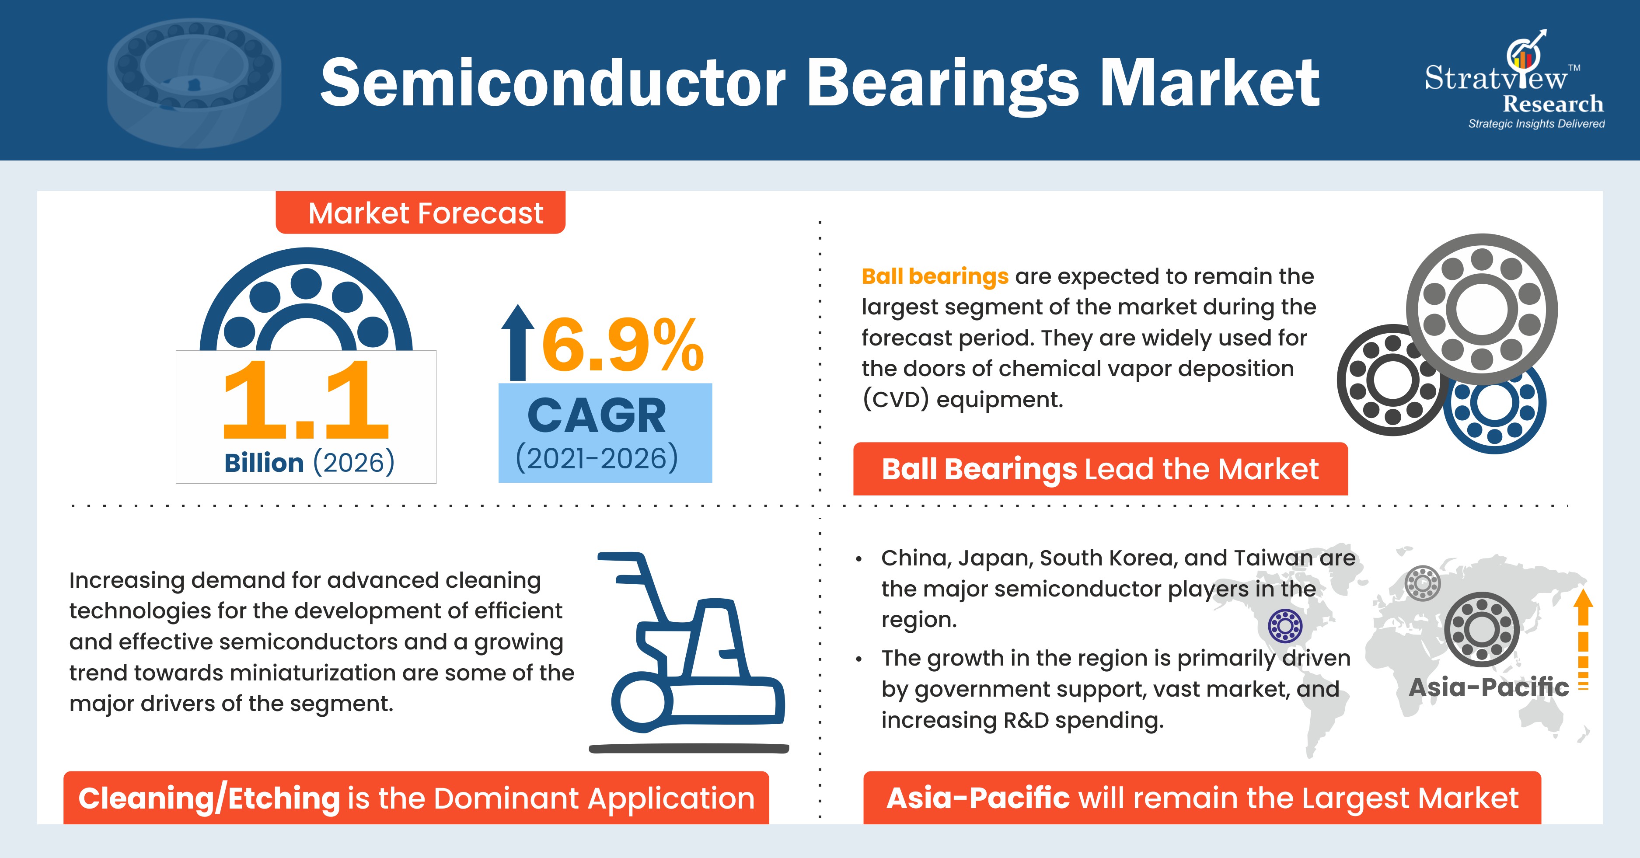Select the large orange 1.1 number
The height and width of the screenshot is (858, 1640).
coord(306,400)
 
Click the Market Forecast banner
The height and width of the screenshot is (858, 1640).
coord(420,213)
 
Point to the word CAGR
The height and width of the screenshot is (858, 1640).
coord(597,415)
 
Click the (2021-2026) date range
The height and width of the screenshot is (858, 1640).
coord(597,458)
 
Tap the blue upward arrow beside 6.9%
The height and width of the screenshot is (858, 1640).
coord(518,342)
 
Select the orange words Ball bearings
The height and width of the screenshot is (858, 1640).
coord(935,276)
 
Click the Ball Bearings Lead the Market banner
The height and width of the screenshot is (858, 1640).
coord(1100,469)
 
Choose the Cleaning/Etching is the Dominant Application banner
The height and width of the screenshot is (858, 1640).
coord(416,798)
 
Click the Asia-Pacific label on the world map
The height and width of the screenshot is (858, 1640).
coord(1489,687)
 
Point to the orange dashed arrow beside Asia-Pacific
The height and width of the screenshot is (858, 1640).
coord(1583,640)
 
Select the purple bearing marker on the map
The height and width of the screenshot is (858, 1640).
coord(1285,626)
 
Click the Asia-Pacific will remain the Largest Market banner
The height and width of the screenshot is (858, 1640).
coord(1202,798)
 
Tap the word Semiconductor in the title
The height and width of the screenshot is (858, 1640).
coord(553,83)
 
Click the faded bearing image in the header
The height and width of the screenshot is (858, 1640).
coord(194,83)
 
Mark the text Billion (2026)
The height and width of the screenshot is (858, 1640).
coord(309,463)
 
